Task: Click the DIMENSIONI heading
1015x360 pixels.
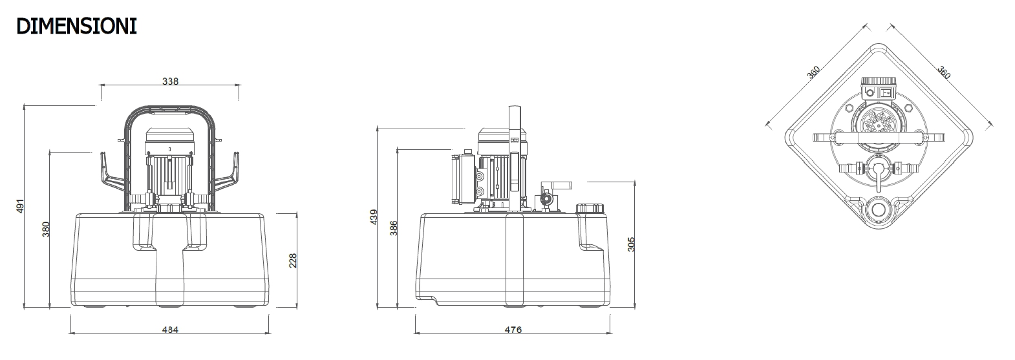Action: [x=76, y=26]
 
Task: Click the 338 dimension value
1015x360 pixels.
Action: [x=171, y=81]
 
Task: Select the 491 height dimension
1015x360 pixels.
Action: [x=21, y=206]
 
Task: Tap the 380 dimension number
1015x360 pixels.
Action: [x=45, y=229]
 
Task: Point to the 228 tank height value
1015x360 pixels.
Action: [x=293, y=260]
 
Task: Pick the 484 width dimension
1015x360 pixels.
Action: [x=171, y=330]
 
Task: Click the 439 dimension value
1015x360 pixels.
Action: [x=374, y=217]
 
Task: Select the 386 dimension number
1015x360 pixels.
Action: [x=394, y=228]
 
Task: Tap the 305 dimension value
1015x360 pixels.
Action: [x=632, y=244]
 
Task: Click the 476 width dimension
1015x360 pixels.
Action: [x=513, y=330]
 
